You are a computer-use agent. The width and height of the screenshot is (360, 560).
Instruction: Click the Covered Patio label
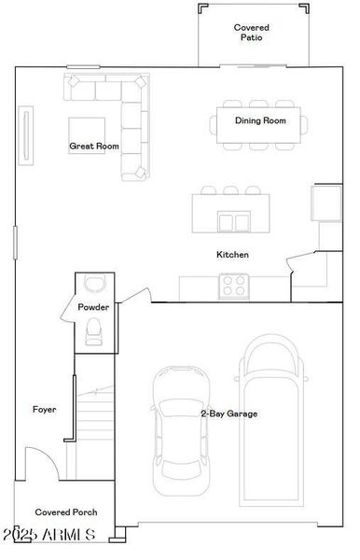click(252, 34)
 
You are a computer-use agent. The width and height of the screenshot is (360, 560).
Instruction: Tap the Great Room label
click(94, 146)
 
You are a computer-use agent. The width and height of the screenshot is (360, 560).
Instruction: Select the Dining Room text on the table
click(260, 121)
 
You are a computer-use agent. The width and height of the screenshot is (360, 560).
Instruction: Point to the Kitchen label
click(232, 255)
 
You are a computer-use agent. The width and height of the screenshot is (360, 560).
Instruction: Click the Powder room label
click(94, 307)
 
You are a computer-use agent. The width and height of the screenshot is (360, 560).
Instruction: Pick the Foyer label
click(45, 409)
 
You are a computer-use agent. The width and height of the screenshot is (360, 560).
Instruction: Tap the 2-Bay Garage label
click(229, 413)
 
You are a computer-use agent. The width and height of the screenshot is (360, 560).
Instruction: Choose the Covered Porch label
click(66, 512)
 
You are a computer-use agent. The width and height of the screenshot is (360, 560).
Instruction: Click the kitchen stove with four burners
click(233, 286)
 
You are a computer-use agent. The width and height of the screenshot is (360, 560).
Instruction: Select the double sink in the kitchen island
click(234, 222)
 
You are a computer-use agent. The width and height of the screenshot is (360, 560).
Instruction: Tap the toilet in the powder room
click(94, 329)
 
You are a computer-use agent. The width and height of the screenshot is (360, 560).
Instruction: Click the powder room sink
click(94, 284)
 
